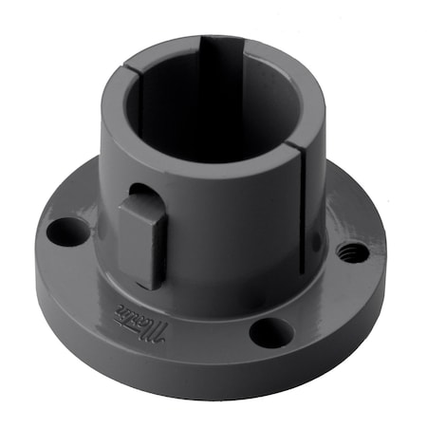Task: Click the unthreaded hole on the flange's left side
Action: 67,230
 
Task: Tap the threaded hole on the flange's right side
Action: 353,252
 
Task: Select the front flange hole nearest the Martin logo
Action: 272,332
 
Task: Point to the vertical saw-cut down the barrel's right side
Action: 303,190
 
